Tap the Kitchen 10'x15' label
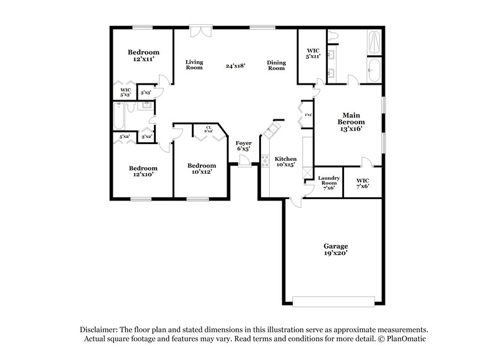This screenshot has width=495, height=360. coord(286,162)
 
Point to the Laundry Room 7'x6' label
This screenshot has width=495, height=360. coord(328,183)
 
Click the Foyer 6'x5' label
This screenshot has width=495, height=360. coord(244,146)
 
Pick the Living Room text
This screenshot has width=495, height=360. coord(195,64)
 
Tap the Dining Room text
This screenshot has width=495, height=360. coord(275,64)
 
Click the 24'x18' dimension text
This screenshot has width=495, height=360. coord(236,64)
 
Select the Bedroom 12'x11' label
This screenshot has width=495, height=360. coord(144,56)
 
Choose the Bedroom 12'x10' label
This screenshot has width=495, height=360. coord(144,171)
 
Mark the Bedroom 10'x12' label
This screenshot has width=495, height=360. coord(202,169)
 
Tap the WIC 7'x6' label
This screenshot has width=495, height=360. coord(363,183)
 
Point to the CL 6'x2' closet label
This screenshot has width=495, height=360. coord(209,129)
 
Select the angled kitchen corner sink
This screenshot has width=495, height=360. coord(270,131)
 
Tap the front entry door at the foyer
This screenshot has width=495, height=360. coord(244,163)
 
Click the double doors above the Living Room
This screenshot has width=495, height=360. coord(199,31)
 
